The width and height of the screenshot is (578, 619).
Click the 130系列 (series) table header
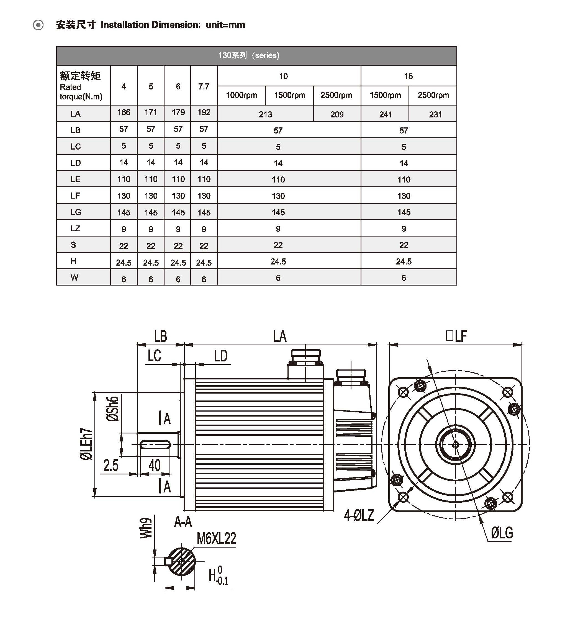coord(248,55)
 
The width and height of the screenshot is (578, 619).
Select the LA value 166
coord(124,112)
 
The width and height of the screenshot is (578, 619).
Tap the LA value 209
coord(337,114)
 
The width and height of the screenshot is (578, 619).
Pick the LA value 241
coord(385,114)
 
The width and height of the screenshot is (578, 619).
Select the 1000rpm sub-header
coord(241,95)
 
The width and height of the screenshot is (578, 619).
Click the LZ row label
coord(75,228)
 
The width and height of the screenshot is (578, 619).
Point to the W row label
coord(75,278)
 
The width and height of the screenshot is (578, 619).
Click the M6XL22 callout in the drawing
coord(217,539)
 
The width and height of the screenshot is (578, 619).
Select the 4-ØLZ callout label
coord(359,516)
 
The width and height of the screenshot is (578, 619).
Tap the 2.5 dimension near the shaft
coord(111,466)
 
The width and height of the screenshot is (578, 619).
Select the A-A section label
coord(183,522)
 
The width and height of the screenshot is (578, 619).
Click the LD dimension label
coord(221,356)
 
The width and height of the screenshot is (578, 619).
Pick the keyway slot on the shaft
coord(155,445)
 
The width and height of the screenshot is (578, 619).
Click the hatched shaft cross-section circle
coord(182,562)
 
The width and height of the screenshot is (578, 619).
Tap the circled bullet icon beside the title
coord(38,25)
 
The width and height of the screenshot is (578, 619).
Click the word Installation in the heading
coord(125,25)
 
